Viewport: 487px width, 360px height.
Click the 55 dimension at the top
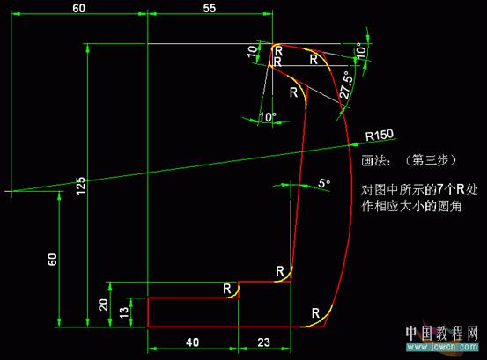click(210, 8)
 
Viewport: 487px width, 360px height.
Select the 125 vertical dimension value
click(80, 186)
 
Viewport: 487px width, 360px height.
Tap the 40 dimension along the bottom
click(192, 342)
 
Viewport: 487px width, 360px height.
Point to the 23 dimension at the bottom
click(263, 342)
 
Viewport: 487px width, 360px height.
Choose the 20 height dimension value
click(103, 305)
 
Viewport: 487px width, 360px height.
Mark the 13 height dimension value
click(123, 312)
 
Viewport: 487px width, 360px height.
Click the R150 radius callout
click(380, 135)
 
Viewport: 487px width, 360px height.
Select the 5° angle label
click(324, 183)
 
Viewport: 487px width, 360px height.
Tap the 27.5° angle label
click(347, 85)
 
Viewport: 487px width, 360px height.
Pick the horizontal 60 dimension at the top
click(78, 8)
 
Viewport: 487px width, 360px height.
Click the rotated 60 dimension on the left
click(52, 260)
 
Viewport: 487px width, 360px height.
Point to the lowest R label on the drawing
click(315, 312)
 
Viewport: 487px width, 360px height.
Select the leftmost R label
click(227, 289)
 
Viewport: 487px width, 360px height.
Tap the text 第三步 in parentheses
click(431, 160)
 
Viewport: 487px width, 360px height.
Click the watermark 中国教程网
click(442, 334)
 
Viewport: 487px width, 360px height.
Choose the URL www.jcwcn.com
click(442, 346)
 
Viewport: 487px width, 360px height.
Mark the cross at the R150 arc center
click(11, 191)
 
